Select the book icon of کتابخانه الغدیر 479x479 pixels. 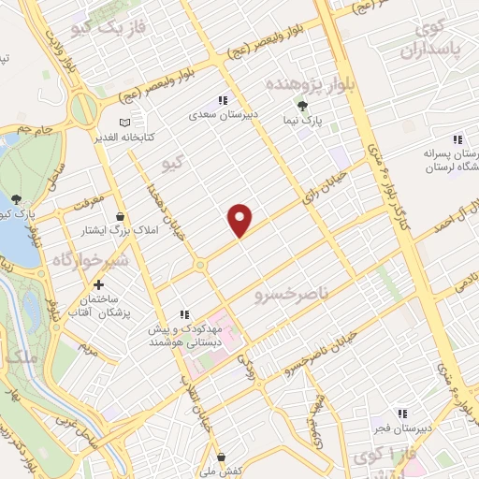tap(125, 123)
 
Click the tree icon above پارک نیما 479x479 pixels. tap(301, 106)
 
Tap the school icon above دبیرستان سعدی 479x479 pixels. tap(223, 100)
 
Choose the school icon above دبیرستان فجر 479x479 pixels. tap(404, 414)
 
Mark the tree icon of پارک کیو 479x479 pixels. tap(18, 199)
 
